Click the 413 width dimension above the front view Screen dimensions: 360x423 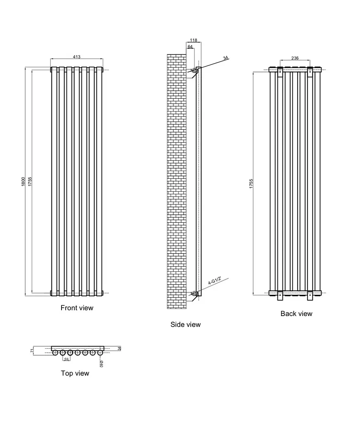click(77, 57)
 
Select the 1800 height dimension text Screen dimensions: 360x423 click(23, 182)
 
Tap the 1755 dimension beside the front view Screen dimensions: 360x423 click(30, 182)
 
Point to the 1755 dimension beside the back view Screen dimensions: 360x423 click(251, 184)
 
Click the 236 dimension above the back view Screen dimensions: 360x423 click(295, 58)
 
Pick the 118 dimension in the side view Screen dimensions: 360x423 click(194, 40)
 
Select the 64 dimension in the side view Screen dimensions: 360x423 click(190, 47)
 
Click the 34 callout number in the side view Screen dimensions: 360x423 click(226, 58)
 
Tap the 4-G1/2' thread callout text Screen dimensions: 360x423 click(215, 280)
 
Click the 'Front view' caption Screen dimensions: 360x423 click(77, 308)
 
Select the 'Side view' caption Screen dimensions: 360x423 click(185, 324)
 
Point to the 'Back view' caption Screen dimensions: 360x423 click(296, 314)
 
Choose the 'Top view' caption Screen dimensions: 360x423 click(75, 373)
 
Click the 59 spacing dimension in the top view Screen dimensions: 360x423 click(66, 359)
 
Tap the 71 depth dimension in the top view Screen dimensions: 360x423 click(32, 351)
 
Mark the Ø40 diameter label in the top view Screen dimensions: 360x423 click(102, 364)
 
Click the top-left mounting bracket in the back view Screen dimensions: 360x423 click(280, 72)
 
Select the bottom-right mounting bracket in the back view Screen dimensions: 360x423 click(310, 295)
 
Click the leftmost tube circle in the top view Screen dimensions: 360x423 click(55, 353)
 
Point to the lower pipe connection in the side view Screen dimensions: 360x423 click(194, 293)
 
